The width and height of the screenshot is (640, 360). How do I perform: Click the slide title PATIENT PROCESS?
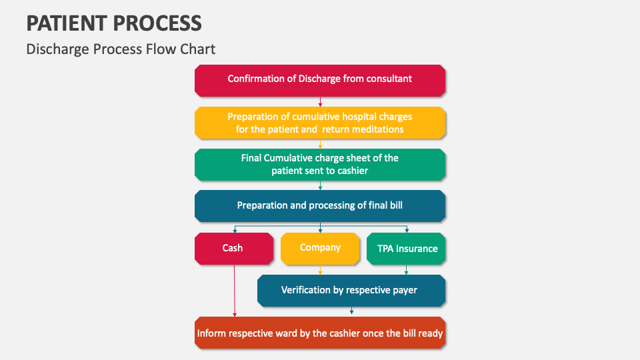point(114,23)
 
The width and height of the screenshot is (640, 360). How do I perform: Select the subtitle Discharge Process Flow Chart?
point(121,49)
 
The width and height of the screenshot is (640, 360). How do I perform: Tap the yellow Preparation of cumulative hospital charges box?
point(320,123)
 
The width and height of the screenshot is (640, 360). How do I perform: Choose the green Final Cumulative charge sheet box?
point(320,164)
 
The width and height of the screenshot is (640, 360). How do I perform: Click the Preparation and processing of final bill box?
point(320,206)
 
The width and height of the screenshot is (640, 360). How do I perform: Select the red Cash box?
point(233,248)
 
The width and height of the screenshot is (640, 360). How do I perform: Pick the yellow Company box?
point(320,248)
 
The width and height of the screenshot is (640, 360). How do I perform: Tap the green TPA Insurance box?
point(406,248)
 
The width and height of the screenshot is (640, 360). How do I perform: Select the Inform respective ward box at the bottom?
point(320,333)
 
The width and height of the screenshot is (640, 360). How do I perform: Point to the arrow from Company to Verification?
point(321,270)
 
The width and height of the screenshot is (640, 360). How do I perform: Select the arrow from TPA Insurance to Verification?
point(406,270)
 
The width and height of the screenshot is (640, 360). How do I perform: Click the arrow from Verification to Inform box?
point(351,311)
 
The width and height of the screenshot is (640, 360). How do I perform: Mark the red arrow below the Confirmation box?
point(321,101)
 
